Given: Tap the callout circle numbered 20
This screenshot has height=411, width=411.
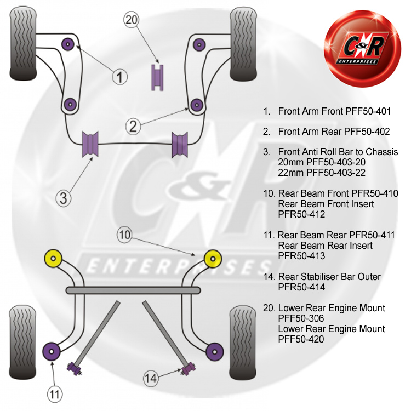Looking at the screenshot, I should point(132,21).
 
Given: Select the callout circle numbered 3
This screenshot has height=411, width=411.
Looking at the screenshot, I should point(64,198).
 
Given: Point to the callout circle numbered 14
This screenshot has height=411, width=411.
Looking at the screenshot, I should point(151,377).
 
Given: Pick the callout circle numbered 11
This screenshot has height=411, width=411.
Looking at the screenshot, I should point(54,393).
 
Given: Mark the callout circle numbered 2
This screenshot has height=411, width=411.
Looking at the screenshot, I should point(134,127).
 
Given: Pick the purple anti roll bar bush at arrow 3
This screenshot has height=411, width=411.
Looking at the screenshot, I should point(89,144).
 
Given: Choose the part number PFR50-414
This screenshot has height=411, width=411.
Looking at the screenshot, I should point(301,287).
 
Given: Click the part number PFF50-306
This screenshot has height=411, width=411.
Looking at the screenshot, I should point(301,318).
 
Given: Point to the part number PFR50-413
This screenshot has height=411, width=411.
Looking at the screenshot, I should point(301,256).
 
